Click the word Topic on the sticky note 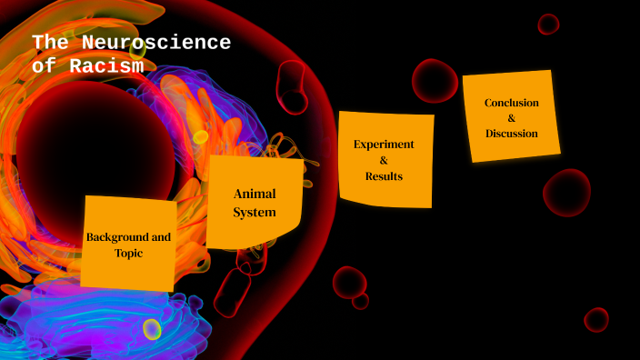coord(128,254)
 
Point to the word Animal coord(255,194)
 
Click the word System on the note coord(255,213)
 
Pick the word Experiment coord(384,144)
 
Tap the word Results coord(384,175)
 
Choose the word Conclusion coord(511,103)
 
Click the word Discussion coord(511,134)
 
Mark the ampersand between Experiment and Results coord(384,160)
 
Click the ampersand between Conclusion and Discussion coord(511,118)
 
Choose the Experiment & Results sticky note coord(386,191)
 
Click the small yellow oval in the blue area coord(152,329)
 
